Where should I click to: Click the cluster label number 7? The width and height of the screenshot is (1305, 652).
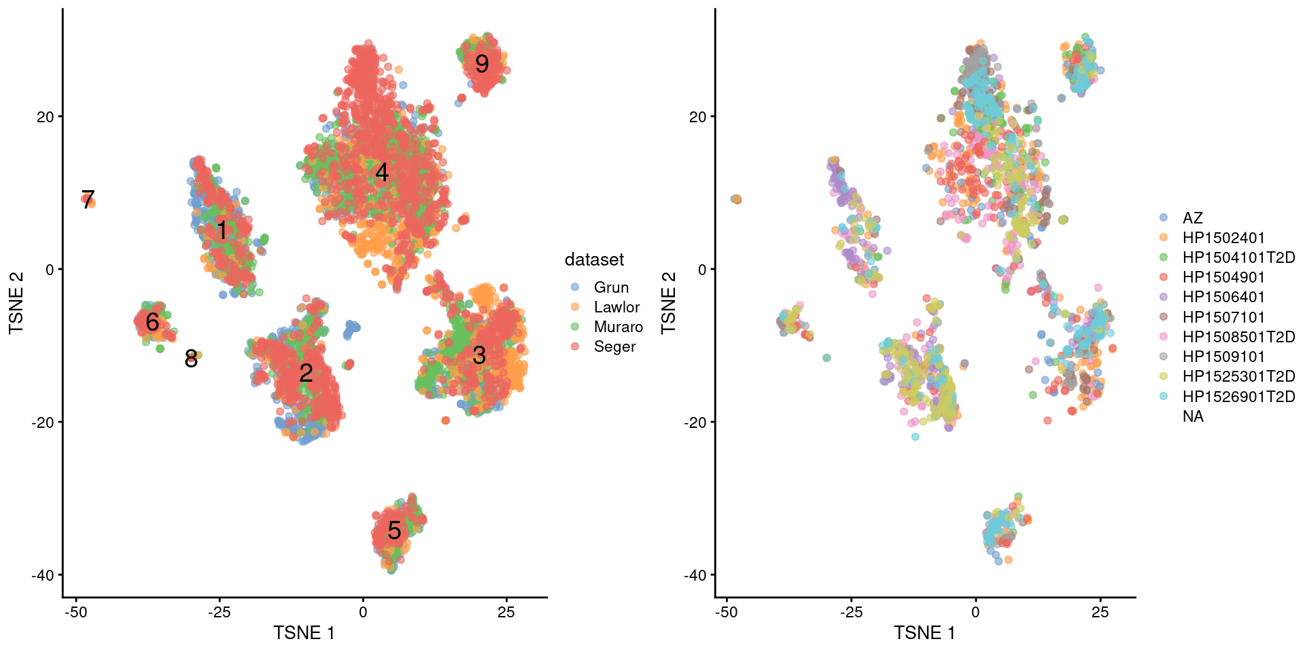click(88, 200)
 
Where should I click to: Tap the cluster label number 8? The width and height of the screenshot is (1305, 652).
click(191, 359)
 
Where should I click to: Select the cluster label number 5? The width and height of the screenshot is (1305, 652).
click(394, 530)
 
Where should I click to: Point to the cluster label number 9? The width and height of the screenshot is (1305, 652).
click(482, 64)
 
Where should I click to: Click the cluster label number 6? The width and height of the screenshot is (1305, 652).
click(152, 322)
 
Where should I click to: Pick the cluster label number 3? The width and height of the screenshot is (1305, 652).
click(479, 355)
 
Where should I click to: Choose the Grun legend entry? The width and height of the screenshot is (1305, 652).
click(611, 287)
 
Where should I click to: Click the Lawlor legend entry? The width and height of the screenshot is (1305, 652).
click(616, 307)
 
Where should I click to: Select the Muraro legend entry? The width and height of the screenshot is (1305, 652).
click(618, 327)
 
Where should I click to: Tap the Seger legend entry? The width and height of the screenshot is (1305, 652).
click(614, 346)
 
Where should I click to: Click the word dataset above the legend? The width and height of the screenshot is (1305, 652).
click(594, 259)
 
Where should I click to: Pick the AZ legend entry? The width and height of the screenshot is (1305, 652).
click(1192, 218)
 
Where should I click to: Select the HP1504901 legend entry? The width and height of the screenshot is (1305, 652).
click(1223, 277)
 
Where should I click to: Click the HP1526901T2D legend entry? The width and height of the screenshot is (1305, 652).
click(1238, 397)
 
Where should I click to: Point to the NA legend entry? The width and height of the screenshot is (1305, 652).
click(1193, 416)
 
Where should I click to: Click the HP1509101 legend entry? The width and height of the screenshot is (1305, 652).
click(1223, 357)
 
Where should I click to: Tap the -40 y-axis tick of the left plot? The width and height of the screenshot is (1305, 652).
click(42, 575)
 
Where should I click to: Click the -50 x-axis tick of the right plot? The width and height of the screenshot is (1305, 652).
click(726, 612)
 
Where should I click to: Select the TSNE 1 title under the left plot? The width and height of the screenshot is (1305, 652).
click(304, 633)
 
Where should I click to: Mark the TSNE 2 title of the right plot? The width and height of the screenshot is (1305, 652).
click(669, 302)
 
